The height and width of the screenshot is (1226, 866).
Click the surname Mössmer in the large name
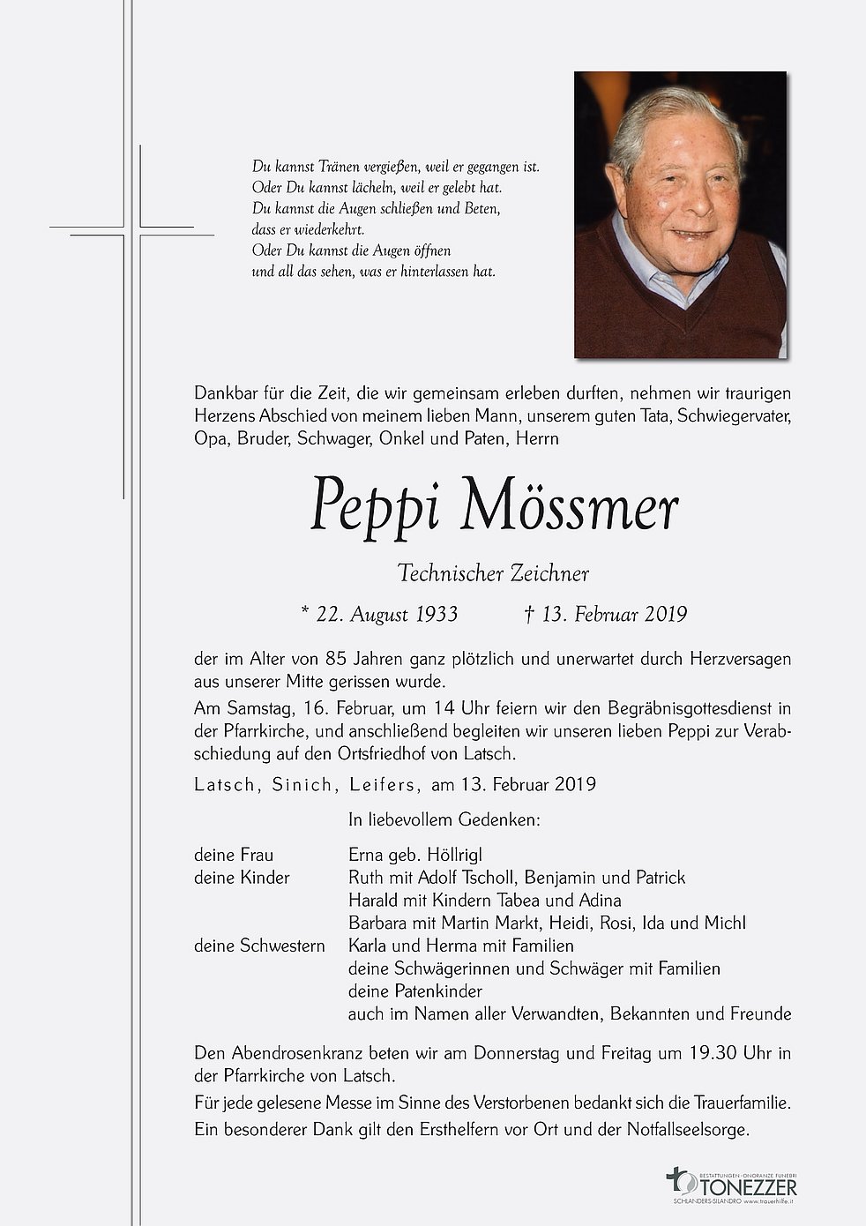pyautogui.click(x=570, y=508)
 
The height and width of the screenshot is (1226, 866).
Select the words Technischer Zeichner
pyautogui.click(x=493, y=573)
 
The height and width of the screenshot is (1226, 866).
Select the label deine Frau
pyautogui.click(x=234, y=855)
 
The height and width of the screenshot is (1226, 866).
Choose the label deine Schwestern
pyautogui.click(x=259, y=946)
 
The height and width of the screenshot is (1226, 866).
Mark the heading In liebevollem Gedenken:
pyautogui.click(x=444, y=820)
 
